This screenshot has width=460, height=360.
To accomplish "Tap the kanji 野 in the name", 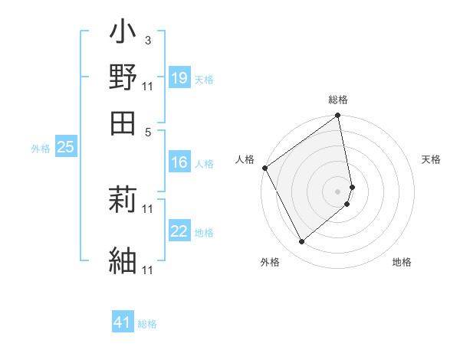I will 123,78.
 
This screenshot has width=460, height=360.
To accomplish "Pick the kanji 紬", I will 123,259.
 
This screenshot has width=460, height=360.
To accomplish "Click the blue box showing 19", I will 179,78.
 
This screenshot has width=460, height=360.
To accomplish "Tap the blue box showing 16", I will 179,162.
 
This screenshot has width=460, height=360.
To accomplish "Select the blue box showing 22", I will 179,231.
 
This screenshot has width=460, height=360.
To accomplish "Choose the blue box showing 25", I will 65,148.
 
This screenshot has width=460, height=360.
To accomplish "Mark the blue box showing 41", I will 123,323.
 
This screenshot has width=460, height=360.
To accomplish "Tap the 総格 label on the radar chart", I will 338,100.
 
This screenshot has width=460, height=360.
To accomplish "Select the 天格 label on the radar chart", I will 431,159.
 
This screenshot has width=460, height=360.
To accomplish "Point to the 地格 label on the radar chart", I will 402,263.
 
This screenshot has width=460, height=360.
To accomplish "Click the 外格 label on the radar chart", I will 270,263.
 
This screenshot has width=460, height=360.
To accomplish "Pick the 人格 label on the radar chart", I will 245,159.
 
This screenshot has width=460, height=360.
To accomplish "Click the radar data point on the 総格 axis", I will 338,116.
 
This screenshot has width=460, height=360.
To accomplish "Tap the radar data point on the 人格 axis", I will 264,168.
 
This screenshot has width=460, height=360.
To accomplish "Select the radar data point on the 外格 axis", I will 301,242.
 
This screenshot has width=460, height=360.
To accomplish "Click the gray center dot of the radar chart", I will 338,191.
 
